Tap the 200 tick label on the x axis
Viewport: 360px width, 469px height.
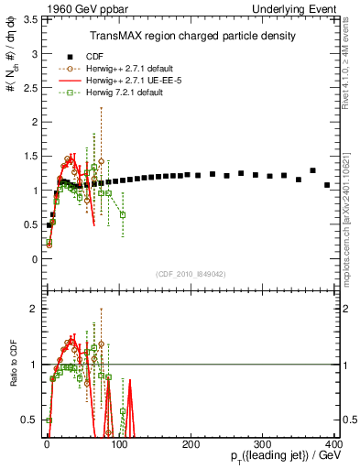tap(191, 443)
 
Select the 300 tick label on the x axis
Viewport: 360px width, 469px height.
tap(263, 443)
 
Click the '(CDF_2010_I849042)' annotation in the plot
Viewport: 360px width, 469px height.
tap(191, 273)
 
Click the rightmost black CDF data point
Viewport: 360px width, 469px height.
tap(327, 185)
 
